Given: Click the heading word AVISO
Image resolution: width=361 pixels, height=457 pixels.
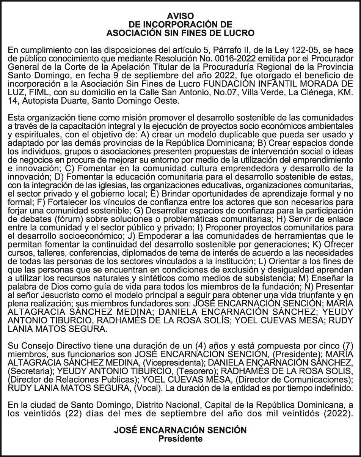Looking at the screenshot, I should [x=180, y=16].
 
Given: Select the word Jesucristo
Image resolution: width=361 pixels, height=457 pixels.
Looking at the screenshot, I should [x=52, y=295].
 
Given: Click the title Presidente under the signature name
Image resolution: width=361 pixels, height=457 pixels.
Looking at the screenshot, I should [x=180, y=439].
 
